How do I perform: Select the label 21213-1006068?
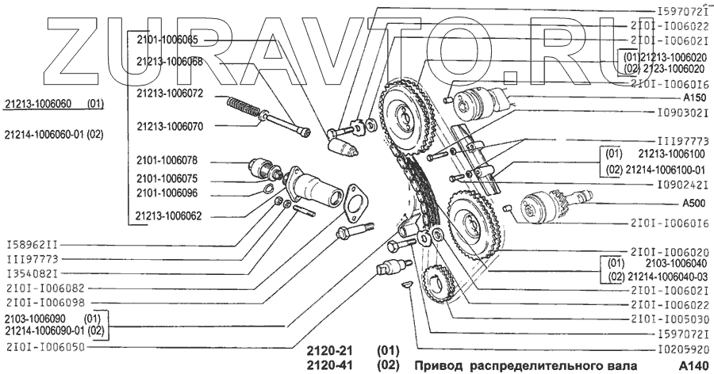point(169,60)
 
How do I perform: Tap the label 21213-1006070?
point(169,125)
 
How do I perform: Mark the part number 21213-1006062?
point(169,214)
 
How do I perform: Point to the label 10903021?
point(672,113)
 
